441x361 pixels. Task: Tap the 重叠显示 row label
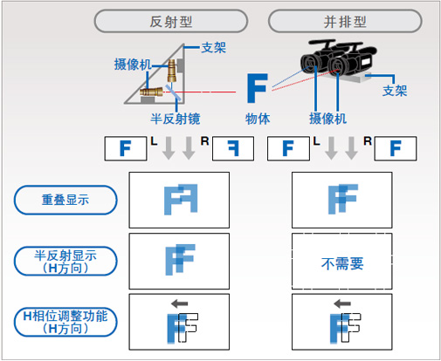tap(66, 201)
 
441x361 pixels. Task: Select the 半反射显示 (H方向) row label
tap(66, 260)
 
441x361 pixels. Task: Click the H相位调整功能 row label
tap(66, 320)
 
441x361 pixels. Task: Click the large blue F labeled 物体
tap(257, 90)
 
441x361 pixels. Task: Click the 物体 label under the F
tap(257, 118)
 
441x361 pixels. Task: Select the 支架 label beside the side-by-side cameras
tap(394, 91)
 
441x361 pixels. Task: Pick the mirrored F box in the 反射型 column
tap(232, 149)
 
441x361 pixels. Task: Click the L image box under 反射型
tap(125, 149)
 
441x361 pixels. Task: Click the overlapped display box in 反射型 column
tap(179, 201)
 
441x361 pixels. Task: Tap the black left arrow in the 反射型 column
tap(179, 303)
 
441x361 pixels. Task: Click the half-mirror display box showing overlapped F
tap(179, 260)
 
